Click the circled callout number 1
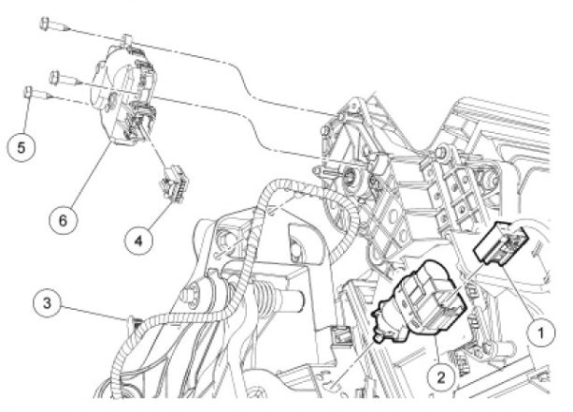(x=541, y=333)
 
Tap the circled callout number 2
(x=441, y=377)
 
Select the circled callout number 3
(x=47, y=303)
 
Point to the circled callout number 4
(x=138, y=242)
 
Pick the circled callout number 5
(x=21, y=148)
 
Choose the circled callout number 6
(x=63, y=220)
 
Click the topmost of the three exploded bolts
(x=54, y=25)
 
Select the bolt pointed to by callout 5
(x=38, y=93)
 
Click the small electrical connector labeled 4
(x=173, y=183)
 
